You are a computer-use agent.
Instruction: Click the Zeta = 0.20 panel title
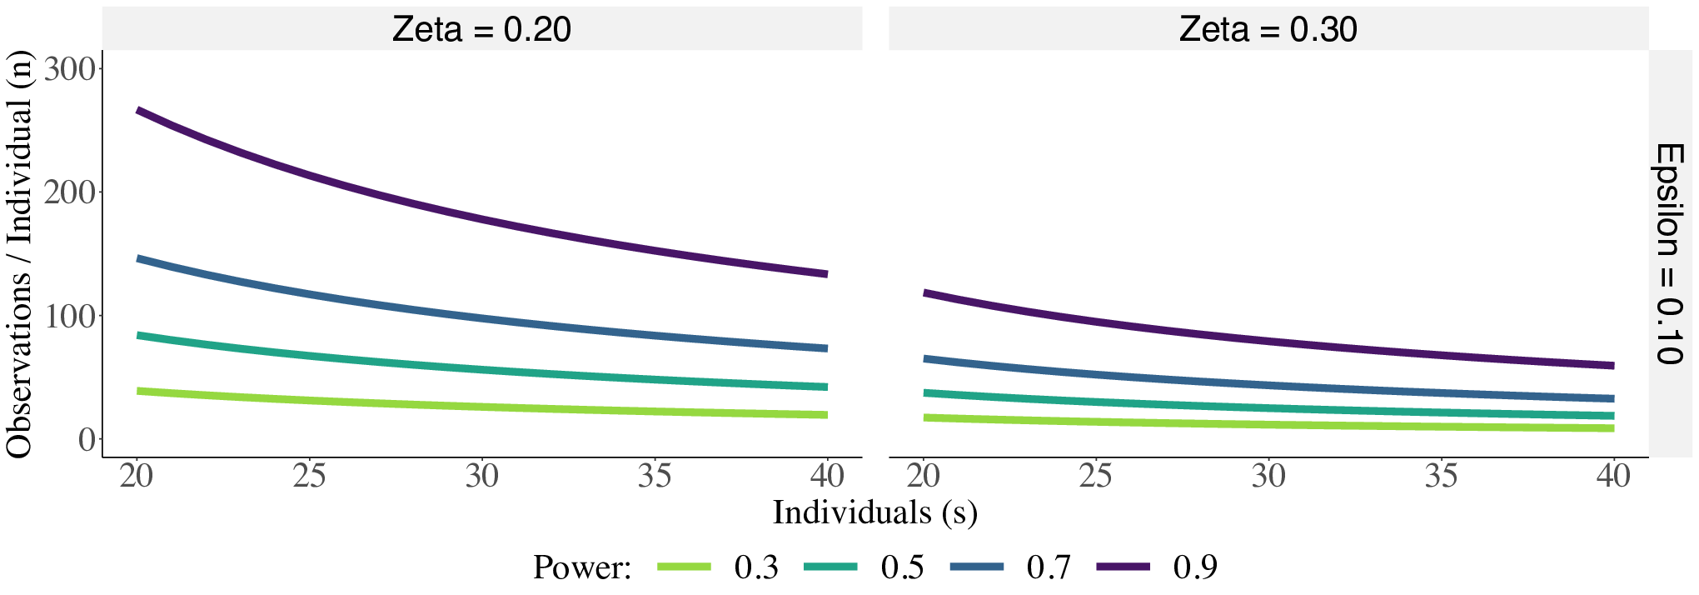click(481, 29)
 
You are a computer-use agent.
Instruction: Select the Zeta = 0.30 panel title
click(1268, 29)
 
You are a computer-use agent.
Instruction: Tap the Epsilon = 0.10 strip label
click(1669, 253)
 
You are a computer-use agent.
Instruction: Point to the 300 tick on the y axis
click(71, 68)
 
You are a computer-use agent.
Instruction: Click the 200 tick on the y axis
click(71, 192)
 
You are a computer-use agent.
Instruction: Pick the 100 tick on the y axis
click(71, 315)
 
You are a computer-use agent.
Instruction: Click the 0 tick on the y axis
click(87, 438)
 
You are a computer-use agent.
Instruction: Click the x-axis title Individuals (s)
click(874, 512)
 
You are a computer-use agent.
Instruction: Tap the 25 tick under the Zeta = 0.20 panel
click(309, 476)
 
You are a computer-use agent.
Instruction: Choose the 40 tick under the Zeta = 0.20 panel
click(827, 476)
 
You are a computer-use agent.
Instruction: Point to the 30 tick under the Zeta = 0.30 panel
click(1268, 476)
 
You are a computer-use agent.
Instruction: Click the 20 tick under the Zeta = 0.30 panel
click(924, 476)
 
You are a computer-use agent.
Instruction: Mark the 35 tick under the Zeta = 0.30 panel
click(1441, 476)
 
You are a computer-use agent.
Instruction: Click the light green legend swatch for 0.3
click(685, 567)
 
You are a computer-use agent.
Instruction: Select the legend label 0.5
click(902, 567)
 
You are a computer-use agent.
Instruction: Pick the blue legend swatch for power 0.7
click(977, 567)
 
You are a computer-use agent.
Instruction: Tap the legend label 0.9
click(1195, 567)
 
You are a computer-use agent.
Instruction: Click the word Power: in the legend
click(582, 567)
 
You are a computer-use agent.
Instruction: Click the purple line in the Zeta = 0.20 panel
click(481, 220)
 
